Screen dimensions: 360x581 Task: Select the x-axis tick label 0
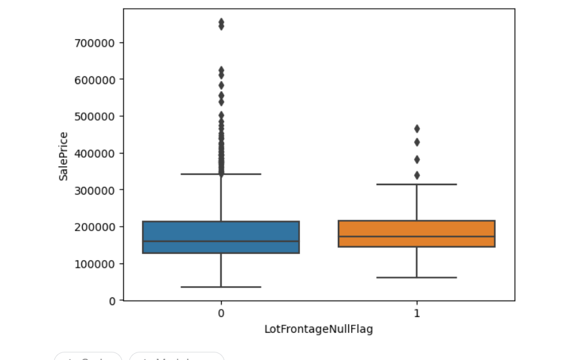221,313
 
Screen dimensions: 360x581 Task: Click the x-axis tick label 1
417,313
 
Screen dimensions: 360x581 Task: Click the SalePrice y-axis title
64,156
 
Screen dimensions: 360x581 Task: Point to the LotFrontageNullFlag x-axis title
318,330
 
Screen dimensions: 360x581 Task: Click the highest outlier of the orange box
417,129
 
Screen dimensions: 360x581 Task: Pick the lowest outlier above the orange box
417,175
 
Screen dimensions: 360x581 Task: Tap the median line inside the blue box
221,241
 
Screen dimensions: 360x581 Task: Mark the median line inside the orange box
417,236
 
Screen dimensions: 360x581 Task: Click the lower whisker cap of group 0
221,287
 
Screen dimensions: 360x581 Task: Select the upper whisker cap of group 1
417,184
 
